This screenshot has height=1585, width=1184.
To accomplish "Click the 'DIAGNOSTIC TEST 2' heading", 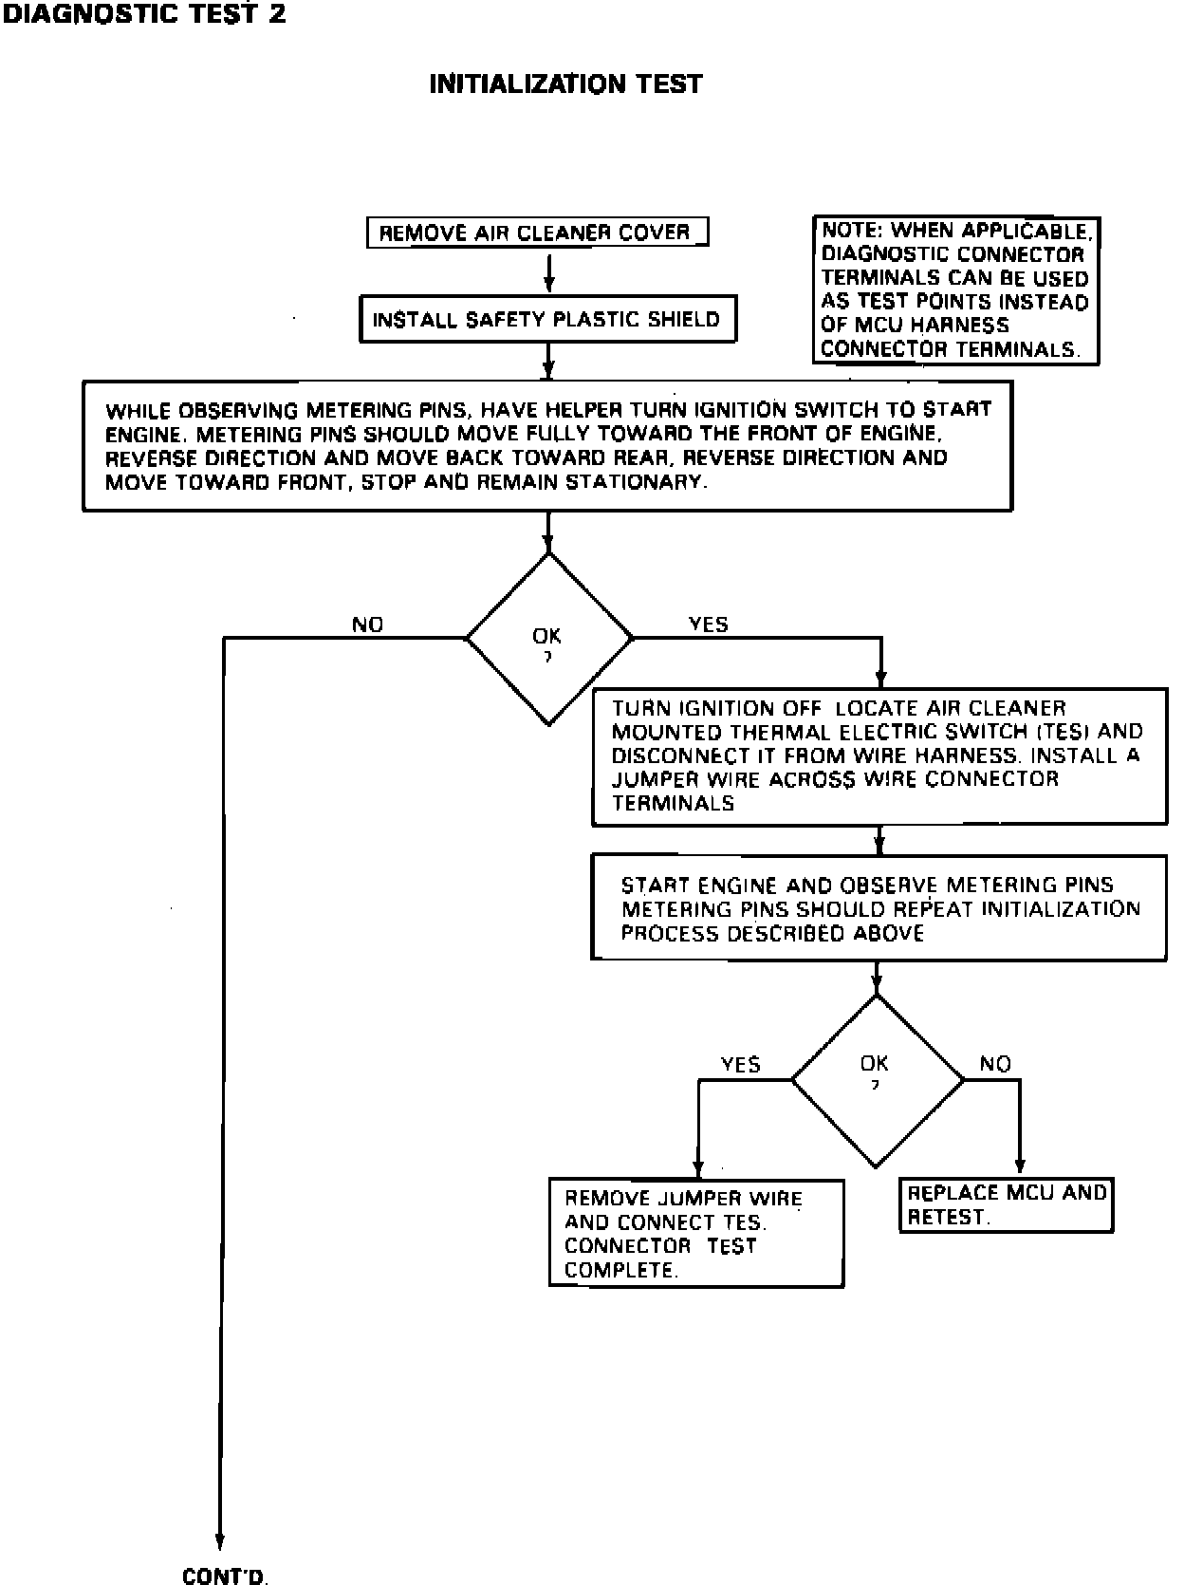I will (143, 14).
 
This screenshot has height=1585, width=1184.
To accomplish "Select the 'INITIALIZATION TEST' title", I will (565, 84).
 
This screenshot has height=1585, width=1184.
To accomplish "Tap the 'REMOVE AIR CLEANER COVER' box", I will (536, 233).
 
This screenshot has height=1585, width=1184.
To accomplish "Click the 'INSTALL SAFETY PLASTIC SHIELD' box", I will (547, 320).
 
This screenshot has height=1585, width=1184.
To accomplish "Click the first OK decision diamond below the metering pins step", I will (548, 639).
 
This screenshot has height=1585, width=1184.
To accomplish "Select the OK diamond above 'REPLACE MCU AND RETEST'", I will (876, 1079).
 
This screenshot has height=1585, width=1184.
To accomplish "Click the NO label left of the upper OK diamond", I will (368, 625).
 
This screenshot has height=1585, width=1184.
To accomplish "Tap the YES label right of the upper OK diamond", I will (708, 624).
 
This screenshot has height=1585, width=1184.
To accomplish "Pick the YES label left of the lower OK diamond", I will (741, 1064).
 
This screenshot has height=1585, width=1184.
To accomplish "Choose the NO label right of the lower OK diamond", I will (995, 1064).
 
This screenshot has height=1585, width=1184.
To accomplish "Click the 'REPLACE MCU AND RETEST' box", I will (1006, 1204).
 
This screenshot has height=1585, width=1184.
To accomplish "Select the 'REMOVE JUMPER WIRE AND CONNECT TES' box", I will (695, 1233).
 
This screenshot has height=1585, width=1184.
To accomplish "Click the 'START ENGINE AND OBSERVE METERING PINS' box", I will (879, 907).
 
